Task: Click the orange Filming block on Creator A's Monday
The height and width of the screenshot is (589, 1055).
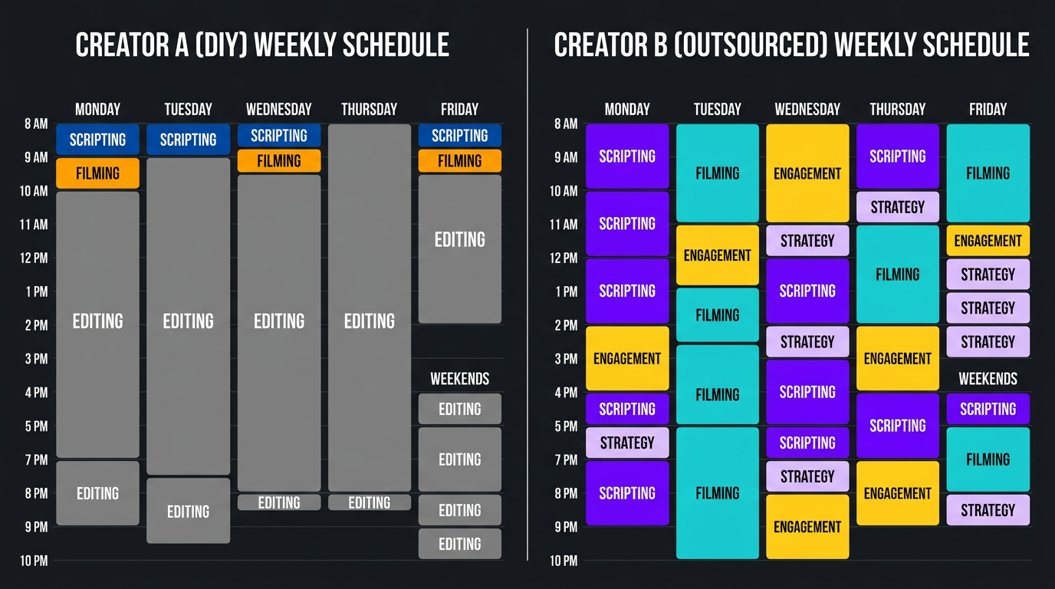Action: point(97,173)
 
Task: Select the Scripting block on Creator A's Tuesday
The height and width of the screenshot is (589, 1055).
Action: point(188,140)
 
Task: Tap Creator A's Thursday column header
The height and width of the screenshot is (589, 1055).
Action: point(369,109)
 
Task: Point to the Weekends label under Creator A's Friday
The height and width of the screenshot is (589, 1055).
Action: point(459,379)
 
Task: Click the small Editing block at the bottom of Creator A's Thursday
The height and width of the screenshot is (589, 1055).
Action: point(369,502)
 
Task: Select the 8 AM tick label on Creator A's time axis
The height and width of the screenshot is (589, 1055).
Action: point(35,123)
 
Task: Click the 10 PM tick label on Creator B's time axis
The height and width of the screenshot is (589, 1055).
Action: point(564,561)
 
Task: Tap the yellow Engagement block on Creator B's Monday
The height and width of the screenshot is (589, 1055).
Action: point(627,358)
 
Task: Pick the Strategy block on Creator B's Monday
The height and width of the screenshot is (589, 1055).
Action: point(627,443)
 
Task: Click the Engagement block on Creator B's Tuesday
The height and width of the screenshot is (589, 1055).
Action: point(717,255)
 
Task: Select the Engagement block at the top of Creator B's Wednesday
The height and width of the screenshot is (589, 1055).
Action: point(807,173)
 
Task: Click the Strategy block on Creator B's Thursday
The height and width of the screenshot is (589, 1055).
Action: point(897,207)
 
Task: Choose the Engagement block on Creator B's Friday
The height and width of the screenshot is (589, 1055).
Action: point(988,241)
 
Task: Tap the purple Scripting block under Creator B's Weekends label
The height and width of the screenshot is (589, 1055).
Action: point(988,409)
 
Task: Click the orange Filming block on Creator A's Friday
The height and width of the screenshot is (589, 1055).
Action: point(459,161)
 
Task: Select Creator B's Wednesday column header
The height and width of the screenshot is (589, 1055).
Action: point(807,109)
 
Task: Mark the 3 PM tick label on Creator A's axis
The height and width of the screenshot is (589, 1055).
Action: point(35,358)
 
